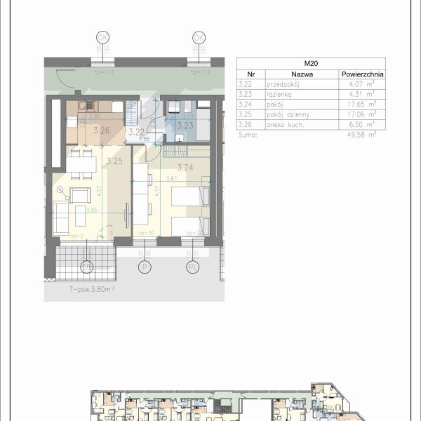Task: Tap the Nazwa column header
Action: (301, 74)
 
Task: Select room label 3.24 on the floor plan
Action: (185, 167)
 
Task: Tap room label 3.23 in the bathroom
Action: (185, 126)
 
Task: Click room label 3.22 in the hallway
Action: (135, 131)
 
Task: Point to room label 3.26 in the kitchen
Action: (102, 130)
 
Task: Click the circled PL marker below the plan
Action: (193, 267)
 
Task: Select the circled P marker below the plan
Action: (146, 267)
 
